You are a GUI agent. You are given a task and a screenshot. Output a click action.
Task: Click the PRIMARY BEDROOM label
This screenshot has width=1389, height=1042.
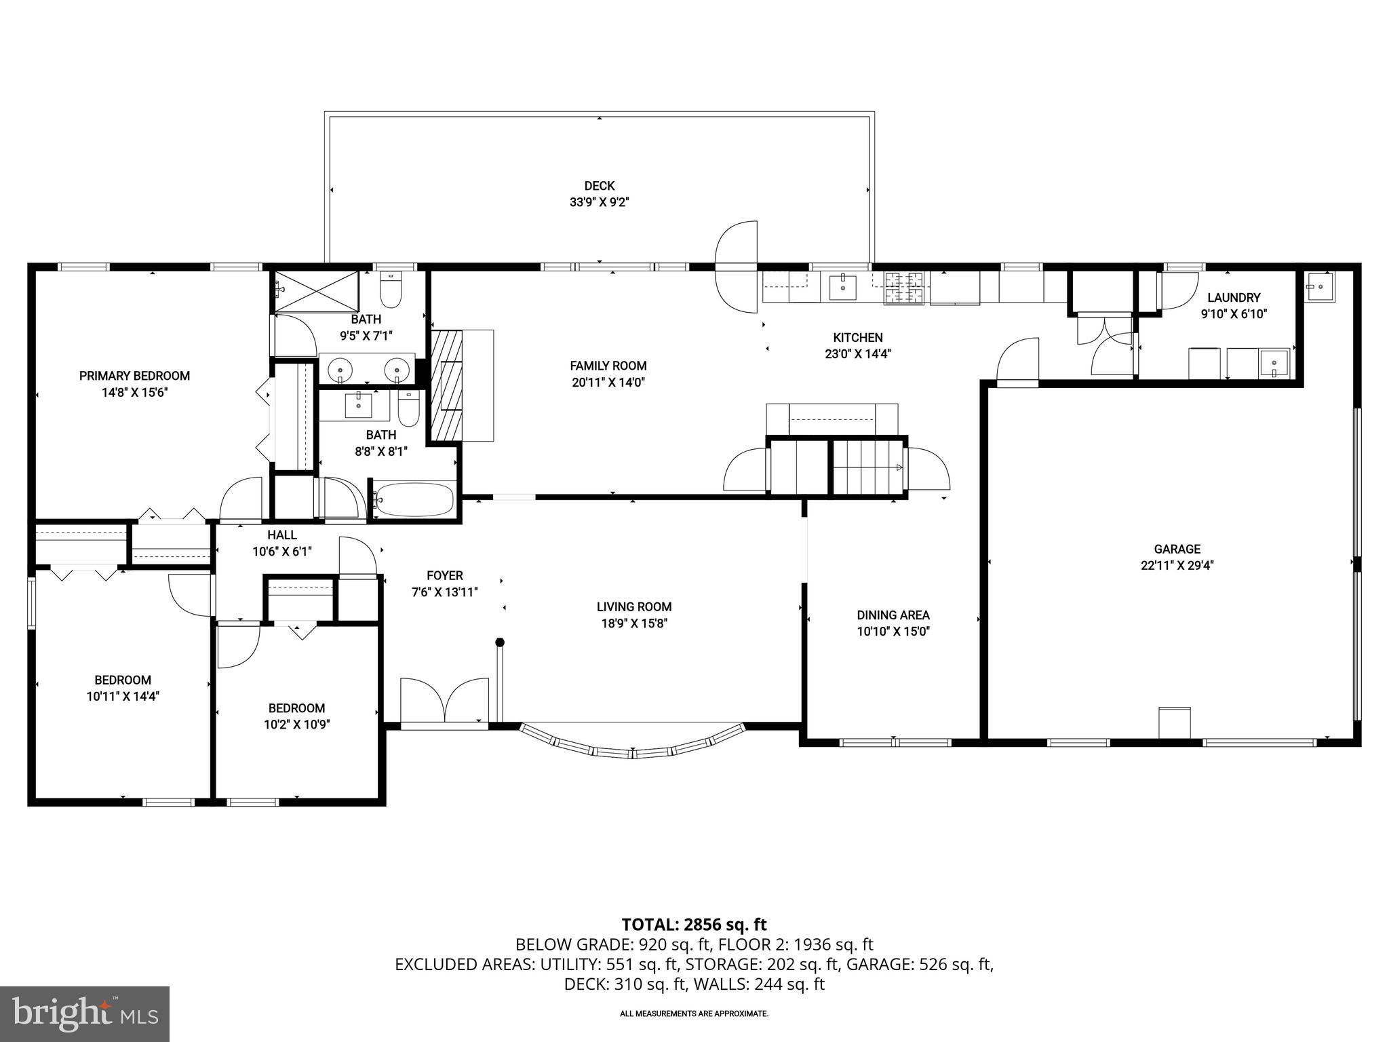pyautogui.click(x=134, y=376)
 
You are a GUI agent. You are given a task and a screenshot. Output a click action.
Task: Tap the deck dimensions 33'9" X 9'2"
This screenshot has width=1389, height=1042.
pyautogui.click(x=600, y=201)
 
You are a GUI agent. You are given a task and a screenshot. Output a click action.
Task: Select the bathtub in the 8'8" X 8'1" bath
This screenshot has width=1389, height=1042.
pyautogui.click(x=413, y=501)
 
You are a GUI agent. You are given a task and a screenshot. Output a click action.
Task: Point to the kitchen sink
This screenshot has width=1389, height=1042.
pyautogui.click(x=842, y=287)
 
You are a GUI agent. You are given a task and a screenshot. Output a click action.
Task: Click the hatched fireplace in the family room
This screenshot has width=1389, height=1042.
pyautogui.click(x=446, y=387)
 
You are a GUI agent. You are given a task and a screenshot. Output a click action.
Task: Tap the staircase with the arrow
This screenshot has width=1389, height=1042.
pyautogui.click(x=869, y=467)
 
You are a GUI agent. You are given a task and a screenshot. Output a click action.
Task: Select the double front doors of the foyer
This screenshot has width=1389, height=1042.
pyautogui.click(x=444, y=701)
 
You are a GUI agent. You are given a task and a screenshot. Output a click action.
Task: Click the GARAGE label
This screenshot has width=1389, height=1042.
pyautogui.click(x=1177, y=549)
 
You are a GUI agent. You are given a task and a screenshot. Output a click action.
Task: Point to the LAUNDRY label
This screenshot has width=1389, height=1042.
pyautogui.click(x=1234, y=297)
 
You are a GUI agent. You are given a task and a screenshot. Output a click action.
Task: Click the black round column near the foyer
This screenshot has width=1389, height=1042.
pyautogui.click(x=500, y=642)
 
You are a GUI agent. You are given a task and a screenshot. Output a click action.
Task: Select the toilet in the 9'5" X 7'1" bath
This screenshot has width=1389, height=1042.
pyautogui.click(x=391, y=290)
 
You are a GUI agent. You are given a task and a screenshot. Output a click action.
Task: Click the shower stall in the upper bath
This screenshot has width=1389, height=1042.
pyautogui.click(x=315, y=291)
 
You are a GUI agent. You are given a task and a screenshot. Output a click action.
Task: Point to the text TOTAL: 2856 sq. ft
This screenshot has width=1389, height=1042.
pyautogui.click(x=694, y=924)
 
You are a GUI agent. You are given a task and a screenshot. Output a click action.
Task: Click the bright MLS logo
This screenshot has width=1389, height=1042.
pyautogui.click(x=84, y=1014)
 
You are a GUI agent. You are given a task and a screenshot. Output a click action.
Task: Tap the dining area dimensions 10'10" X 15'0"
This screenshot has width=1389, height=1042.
pyautogui.click(x=893, y=632)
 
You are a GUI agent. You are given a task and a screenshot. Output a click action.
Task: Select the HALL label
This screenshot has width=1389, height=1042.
pyautogui.click(x=281, y=535)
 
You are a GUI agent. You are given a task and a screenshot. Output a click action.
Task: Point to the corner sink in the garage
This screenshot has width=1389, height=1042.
pyautogui.click(x=1319, y=286)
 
